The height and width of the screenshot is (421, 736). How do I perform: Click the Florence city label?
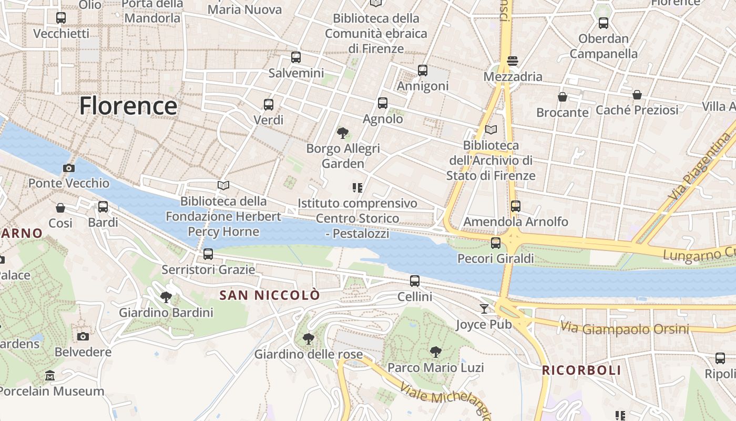[x=128, y=106]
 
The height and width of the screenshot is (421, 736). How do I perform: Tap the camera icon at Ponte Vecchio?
[x=68, y=168]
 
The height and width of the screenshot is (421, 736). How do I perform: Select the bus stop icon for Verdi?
[x=269, y=104]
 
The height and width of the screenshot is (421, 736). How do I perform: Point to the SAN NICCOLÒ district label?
[x=269, y=295]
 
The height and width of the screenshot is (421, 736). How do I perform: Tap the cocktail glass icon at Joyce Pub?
[x=484, y=309]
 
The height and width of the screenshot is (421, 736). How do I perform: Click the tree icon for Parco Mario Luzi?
[x=435, y=352]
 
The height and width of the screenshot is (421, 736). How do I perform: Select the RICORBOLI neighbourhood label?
[x=581, y=370]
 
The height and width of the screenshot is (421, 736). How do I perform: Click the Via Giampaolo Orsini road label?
[x=624, y=328]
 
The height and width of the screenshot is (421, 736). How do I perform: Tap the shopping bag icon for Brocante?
[x=563, y=97]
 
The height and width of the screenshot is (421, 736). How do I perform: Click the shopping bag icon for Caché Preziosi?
[x=637, y=95]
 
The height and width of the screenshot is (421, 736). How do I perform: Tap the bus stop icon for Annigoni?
[x=423, y=71]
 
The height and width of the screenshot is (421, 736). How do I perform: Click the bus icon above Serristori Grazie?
[x=208, y=254]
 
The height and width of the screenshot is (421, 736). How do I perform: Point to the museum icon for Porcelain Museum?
[x=50, y=376]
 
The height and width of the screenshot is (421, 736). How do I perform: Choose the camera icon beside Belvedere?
[x=83, y=336]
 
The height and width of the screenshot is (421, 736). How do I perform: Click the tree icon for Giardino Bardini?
[x=166, y=297]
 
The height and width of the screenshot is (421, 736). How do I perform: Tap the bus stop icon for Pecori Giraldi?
[x=496, y=243]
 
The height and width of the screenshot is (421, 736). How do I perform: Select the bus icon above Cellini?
[x=415, y=281]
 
